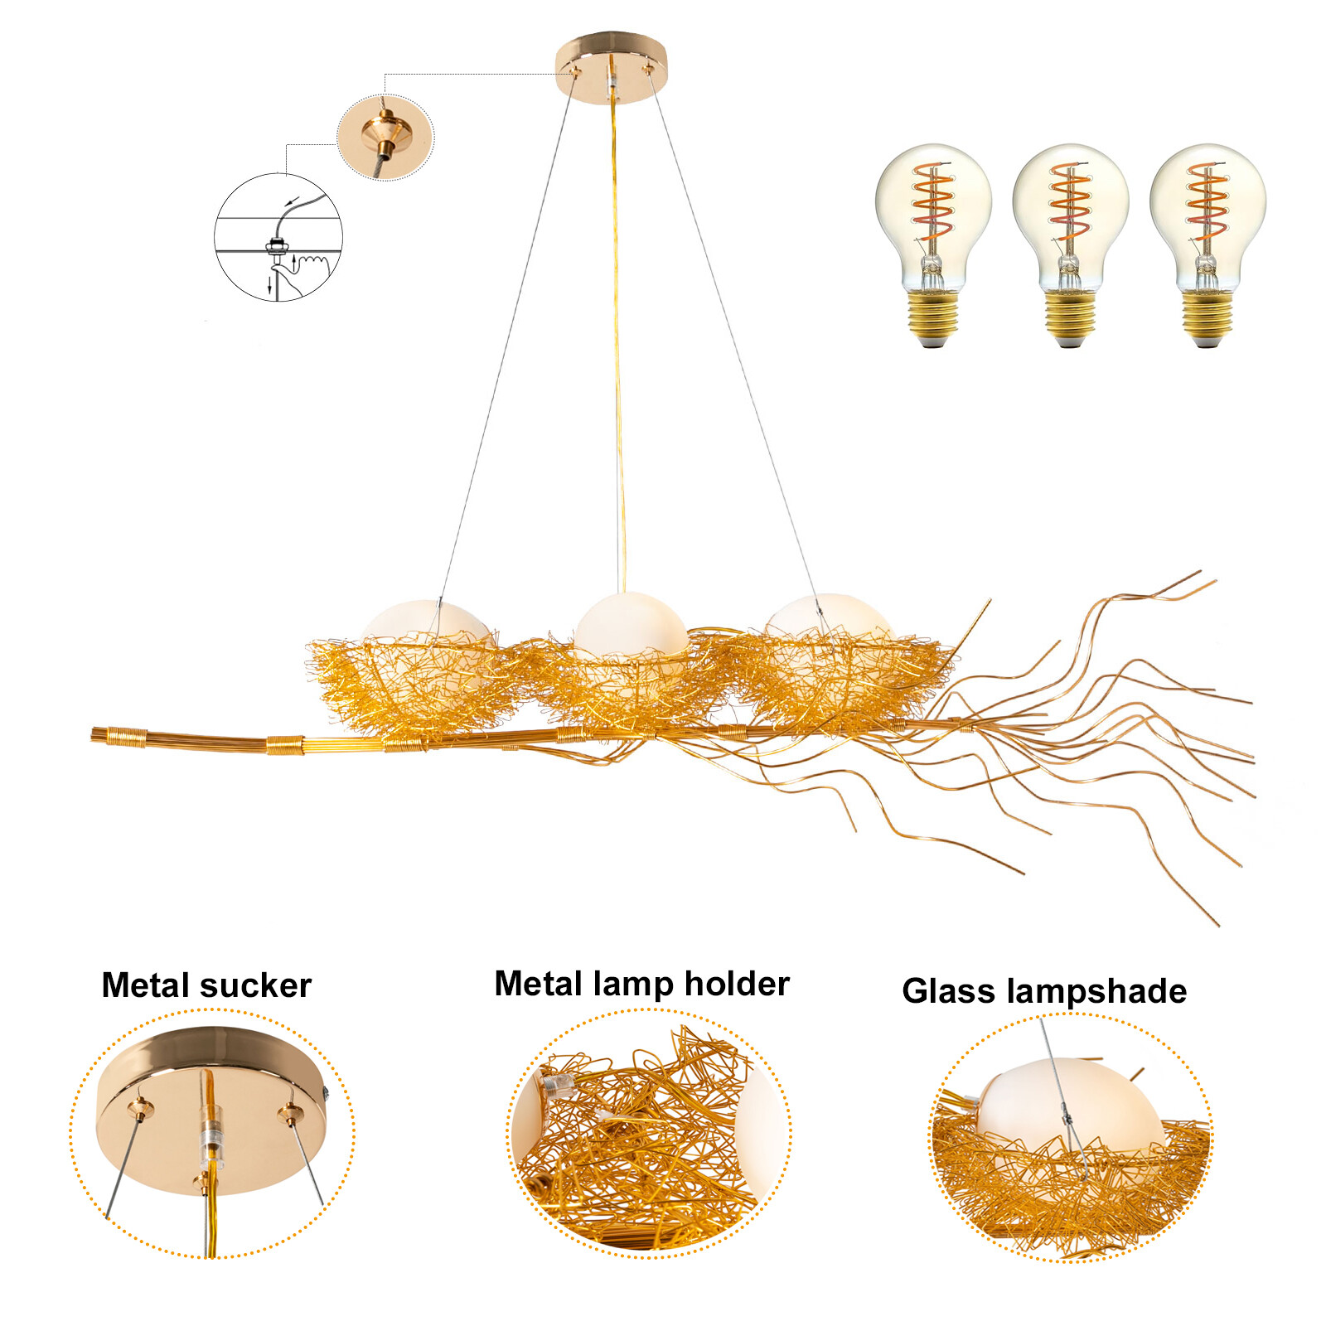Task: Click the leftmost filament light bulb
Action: click(933, 240)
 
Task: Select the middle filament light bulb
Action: click(1070, 240)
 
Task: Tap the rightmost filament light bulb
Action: click(1207, 240)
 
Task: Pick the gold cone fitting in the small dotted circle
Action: click(383, 133)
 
